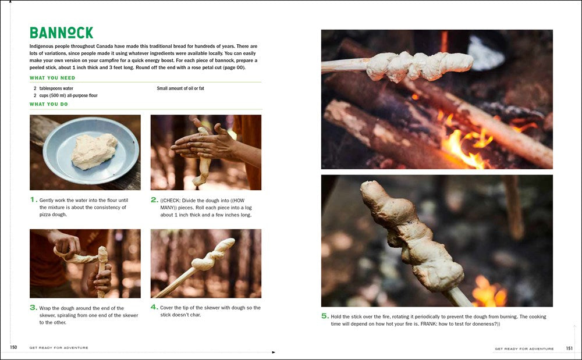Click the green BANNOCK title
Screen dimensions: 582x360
[61, 33]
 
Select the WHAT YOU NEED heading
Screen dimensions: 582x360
[52, 78]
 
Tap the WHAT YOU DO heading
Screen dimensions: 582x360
[49, 104]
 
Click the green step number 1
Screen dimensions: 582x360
[33, 199]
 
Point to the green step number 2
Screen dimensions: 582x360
[154, 200]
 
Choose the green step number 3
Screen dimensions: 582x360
[33, 307]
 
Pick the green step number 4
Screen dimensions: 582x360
[154, 307]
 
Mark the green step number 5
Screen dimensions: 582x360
[325, 316]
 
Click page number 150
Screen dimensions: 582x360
[13, 347]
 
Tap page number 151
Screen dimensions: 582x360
[569, 348]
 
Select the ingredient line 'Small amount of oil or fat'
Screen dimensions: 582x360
[180, 88]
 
